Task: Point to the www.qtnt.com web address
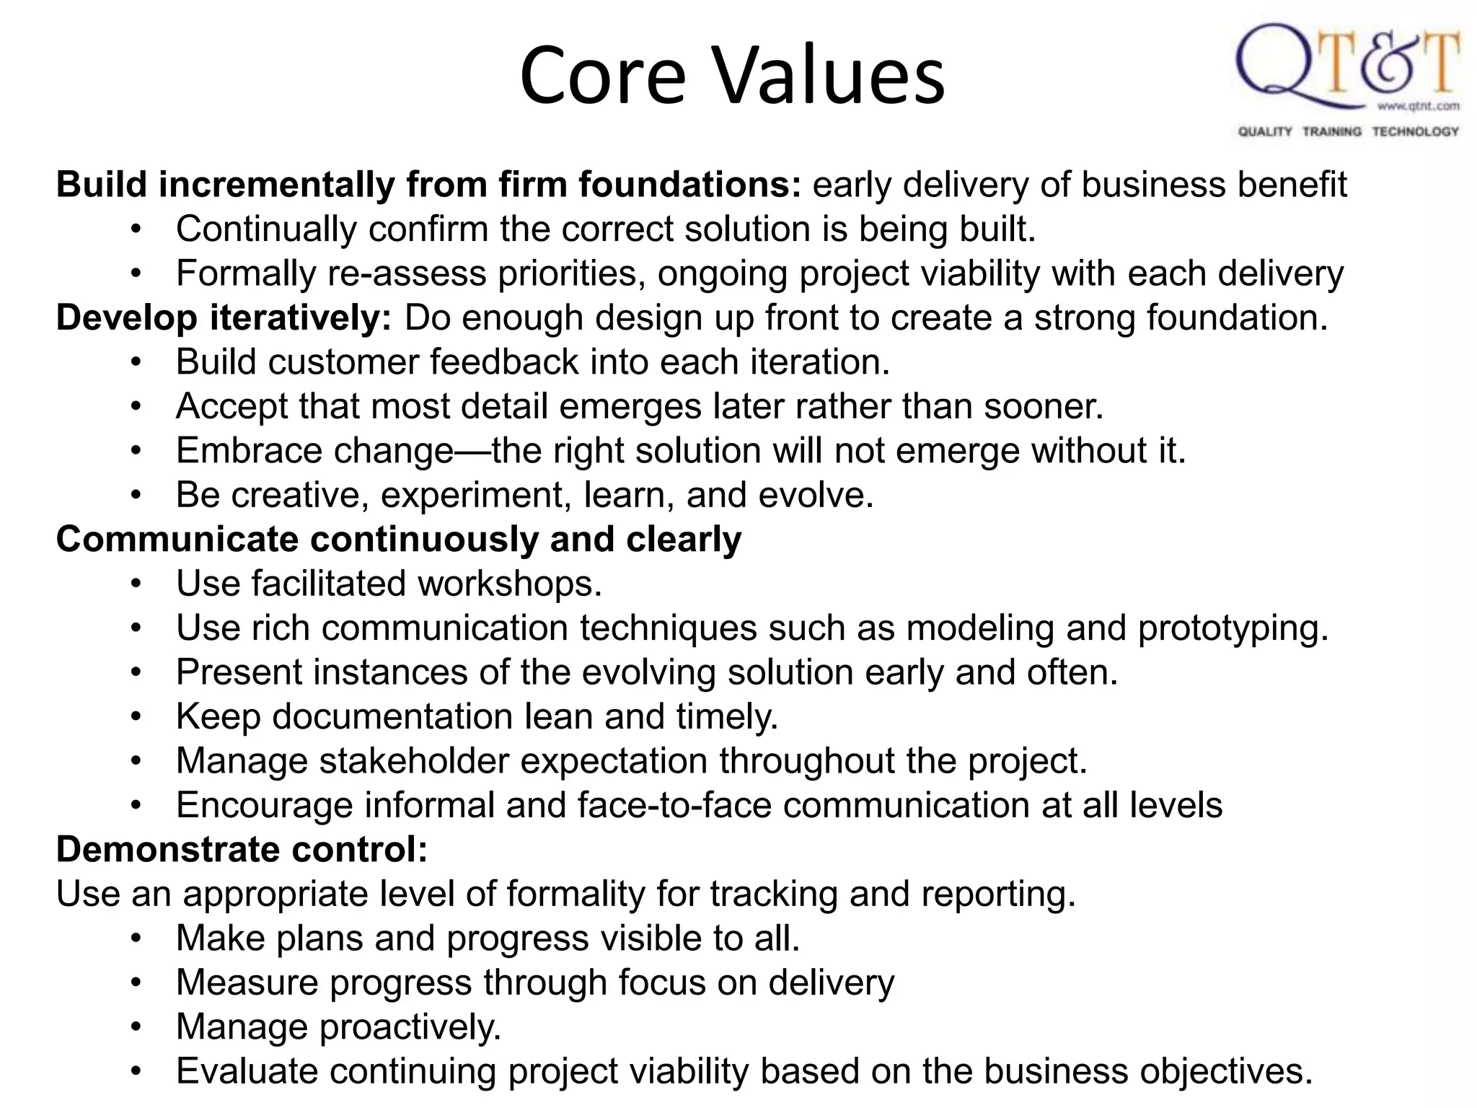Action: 1418,107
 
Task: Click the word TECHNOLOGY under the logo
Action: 1415,131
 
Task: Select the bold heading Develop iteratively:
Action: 224,318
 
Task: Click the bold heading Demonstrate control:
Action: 242,850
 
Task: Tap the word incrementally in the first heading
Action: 276,185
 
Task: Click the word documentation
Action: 392,717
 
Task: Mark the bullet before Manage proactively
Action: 136,1027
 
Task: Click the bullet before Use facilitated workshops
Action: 136,584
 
